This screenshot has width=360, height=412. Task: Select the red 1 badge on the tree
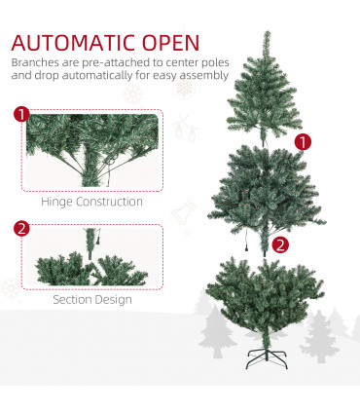click(x=304, y=141)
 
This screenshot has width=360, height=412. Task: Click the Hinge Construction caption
click(x=91, y=203)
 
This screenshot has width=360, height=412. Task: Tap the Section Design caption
click(x=91, y=299)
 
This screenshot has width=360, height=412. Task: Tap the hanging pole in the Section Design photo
click(x=92, y=240)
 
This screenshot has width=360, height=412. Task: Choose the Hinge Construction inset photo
click(x=91, y=151)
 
